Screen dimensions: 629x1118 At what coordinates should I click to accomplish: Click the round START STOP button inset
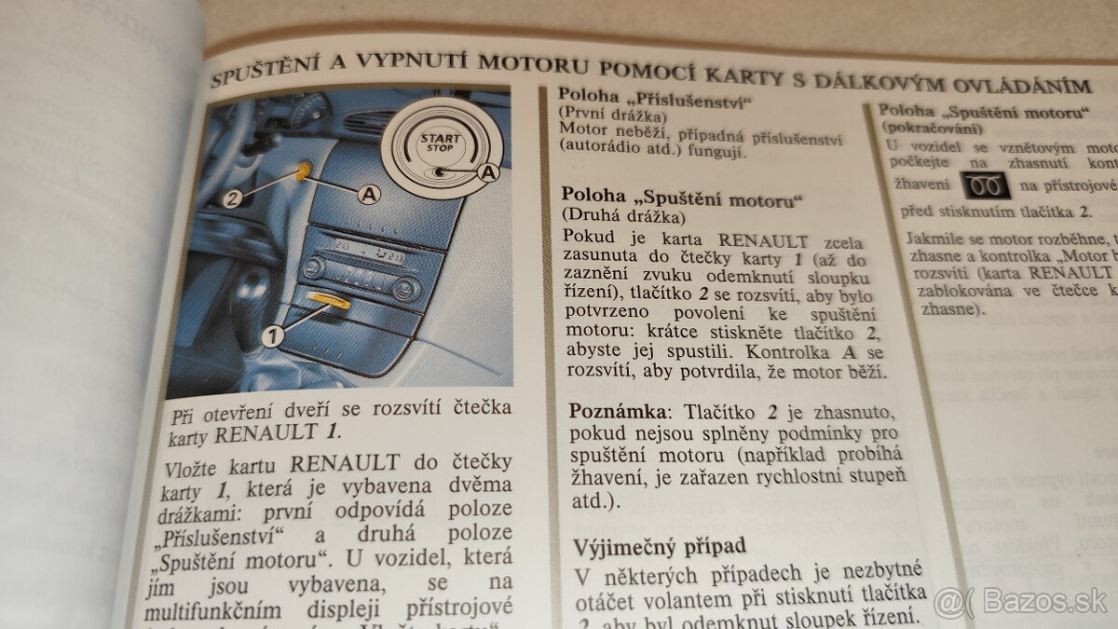[444, 142]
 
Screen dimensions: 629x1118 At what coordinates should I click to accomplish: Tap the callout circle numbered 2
[234, 198]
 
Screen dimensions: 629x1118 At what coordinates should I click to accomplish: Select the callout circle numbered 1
[271, 336]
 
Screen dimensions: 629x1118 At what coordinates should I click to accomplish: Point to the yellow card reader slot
[330, 300]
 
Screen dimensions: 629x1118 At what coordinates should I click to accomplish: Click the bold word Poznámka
[615, 412]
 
